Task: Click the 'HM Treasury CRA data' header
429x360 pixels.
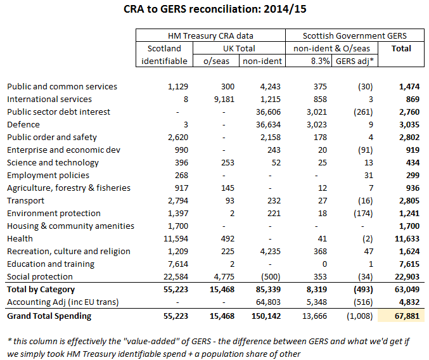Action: click(x=209, y=35)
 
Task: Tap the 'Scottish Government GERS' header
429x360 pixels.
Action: click(x=354, y=35)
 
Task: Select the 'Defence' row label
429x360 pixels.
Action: click(x=23, y=124)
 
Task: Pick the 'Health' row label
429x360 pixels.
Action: click(x=20, y=238)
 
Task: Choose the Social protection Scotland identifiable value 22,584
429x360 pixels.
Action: click(x=173, y=276)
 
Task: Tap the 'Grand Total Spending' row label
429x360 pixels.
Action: click(x=49, y=316)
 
